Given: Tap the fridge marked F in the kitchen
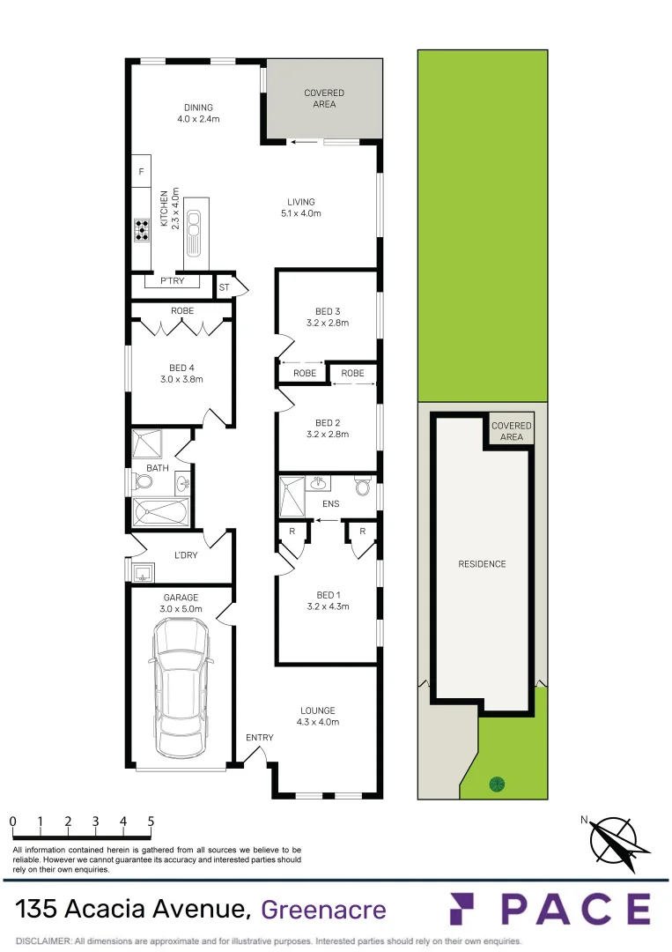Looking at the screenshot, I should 141,172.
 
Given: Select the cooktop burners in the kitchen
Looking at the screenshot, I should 141,230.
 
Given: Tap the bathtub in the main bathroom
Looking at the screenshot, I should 160,512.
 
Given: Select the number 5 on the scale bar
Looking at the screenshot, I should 151,821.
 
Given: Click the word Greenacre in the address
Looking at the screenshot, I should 324,909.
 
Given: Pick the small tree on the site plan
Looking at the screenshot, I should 497,783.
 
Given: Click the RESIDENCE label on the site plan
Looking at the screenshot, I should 483,564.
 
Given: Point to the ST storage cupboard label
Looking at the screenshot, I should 224,286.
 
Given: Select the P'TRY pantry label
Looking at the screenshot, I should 172,282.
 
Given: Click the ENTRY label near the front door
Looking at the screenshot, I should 260,738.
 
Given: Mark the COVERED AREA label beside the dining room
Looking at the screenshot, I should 324,99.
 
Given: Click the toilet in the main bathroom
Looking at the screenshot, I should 143,482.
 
